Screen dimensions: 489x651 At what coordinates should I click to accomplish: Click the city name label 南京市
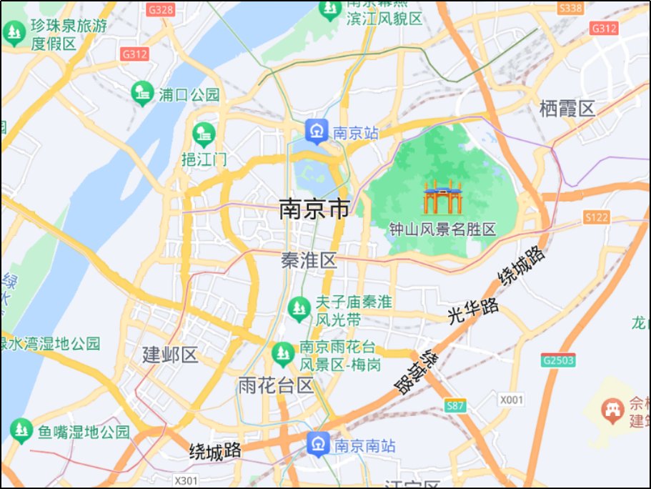coord(314,209)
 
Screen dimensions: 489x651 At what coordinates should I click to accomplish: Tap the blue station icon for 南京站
coord(316,132)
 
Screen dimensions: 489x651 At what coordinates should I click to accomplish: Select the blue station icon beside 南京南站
coord(318,444)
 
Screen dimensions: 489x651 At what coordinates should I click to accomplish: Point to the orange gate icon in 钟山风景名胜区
coord(442,198)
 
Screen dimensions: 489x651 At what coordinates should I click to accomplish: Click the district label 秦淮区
coord(309,260)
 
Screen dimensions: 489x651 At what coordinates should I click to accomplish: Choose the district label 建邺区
coord(169,354)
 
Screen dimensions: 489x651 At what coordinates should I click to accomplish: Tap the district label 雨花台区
coord(275,387)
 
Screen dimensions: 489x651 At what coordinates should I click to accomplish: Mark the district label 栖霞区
coord(567,109)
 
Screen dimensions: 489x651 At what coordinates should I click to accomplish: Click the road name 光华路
coord(473,312)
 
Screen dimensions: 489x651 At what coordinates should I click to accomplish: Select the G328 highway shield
coord(161,10)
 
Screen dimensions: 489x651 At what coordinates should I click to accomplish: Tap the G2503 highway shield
coord(557,360)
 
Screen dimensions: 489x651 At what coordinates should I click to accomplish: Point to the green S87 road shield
coord(454,406)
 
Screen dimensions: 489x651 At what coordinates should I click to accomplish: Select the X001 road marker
coord(511,400)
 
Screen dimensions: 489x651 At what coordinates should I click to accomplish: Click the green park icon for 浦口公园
coord(142,93)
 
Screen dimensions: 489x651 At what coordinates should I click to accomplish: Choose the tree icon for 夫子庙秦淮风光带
coord(297,309)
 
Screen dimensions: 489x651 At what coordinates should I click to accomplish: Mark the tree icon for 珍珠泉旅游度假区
coord(13,33)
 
